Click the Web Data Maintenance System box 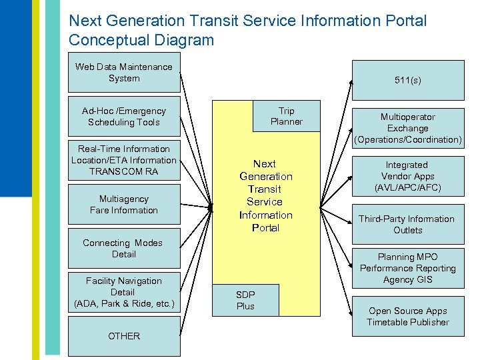pyautogui.click(x=124, y=73)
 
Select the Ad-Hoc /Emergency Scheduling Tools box pyautogui.click(x=124, y=117)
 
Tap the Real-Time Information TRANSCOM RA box pyautogui.click(x=124, y=160)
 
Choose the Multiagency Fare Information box pyautogui.click(x=124, y=205)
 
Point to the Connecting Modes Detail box pyautogui.click(x=124, y=249)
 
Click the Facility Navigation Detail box pyautogui.click(x=124, y=292)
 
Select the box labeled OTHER pyautogui.click(x=124, y=336)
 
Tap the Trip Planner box pyautogui.click(x=286, y=116)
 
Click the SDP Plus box pyautogui.click(x=245, y=300)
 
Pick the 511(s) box pyautogui.click(x=407, y=81)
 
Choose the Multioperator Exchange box pyautogui.click(x=407, y=128)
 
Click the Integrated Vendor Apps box pyautogui.click(x=407, y=176)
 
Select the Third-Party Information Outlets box pyautogui.click(x=407, y=224)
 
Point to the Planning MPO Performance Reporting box pyautogui.click(x=407, y=268)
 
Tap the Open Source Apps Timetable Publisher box pyautogui.click(x=407, y=316)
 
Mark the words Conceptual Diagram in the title pyautogui.click(x=141, y=40)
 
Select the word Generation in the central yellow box pyautogui.click(x=266, y=176)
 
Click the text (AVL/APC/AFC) pyautogui.click(x=407, y=188)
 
